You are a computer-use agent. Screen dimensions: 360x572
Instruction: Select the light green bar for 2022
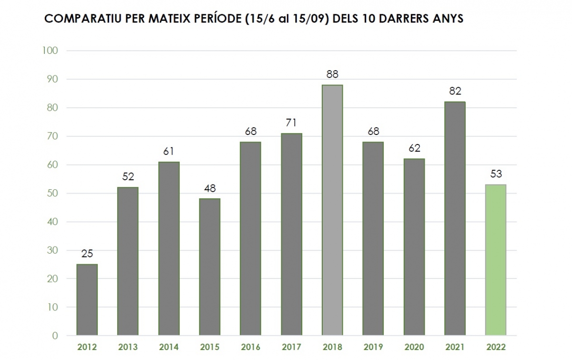click(x=496, y=260)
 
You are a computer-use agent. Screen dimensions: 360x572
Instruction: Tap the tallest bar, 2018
click(x=332, y=210)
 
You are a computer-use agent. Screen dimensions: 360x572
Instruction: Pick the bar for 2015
click(x=210, y=267)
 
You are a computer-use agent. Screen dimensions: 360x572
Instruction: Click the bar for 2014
click(x=169, y=248)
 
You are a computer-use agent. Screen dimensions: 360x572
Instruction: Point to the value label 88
click(x=332, y=74)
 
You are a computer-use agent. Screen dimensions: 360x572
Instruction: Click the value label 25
click(x=87, y=254)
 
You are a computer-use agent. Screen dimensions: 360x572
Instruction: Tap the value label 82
click(x=455, y=91)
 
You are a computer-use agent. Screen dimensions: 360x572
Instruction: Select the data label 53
click(x=496, y=174)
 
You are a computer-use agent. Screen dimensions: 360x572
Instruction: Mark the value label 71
click(x=291, y=123)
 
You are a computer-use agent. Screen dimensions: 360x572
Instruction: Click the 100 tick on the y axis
click(x=50, y=51)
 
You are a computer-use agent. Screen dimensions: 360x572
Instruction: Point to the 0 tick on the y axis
click(x=55, y=336)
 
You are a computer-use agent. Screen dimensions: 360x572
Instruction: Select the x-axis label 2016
click(x=251, y=347)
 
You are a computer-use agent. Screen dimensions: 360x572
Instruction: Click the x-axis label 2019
click(x=373, y=347)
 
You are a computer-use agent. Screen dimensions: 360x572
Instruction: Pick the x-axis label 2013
click(x=128, y=347)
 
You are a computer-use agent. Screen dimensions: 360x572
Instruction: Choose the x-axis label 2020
click(x=414, y=347)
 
